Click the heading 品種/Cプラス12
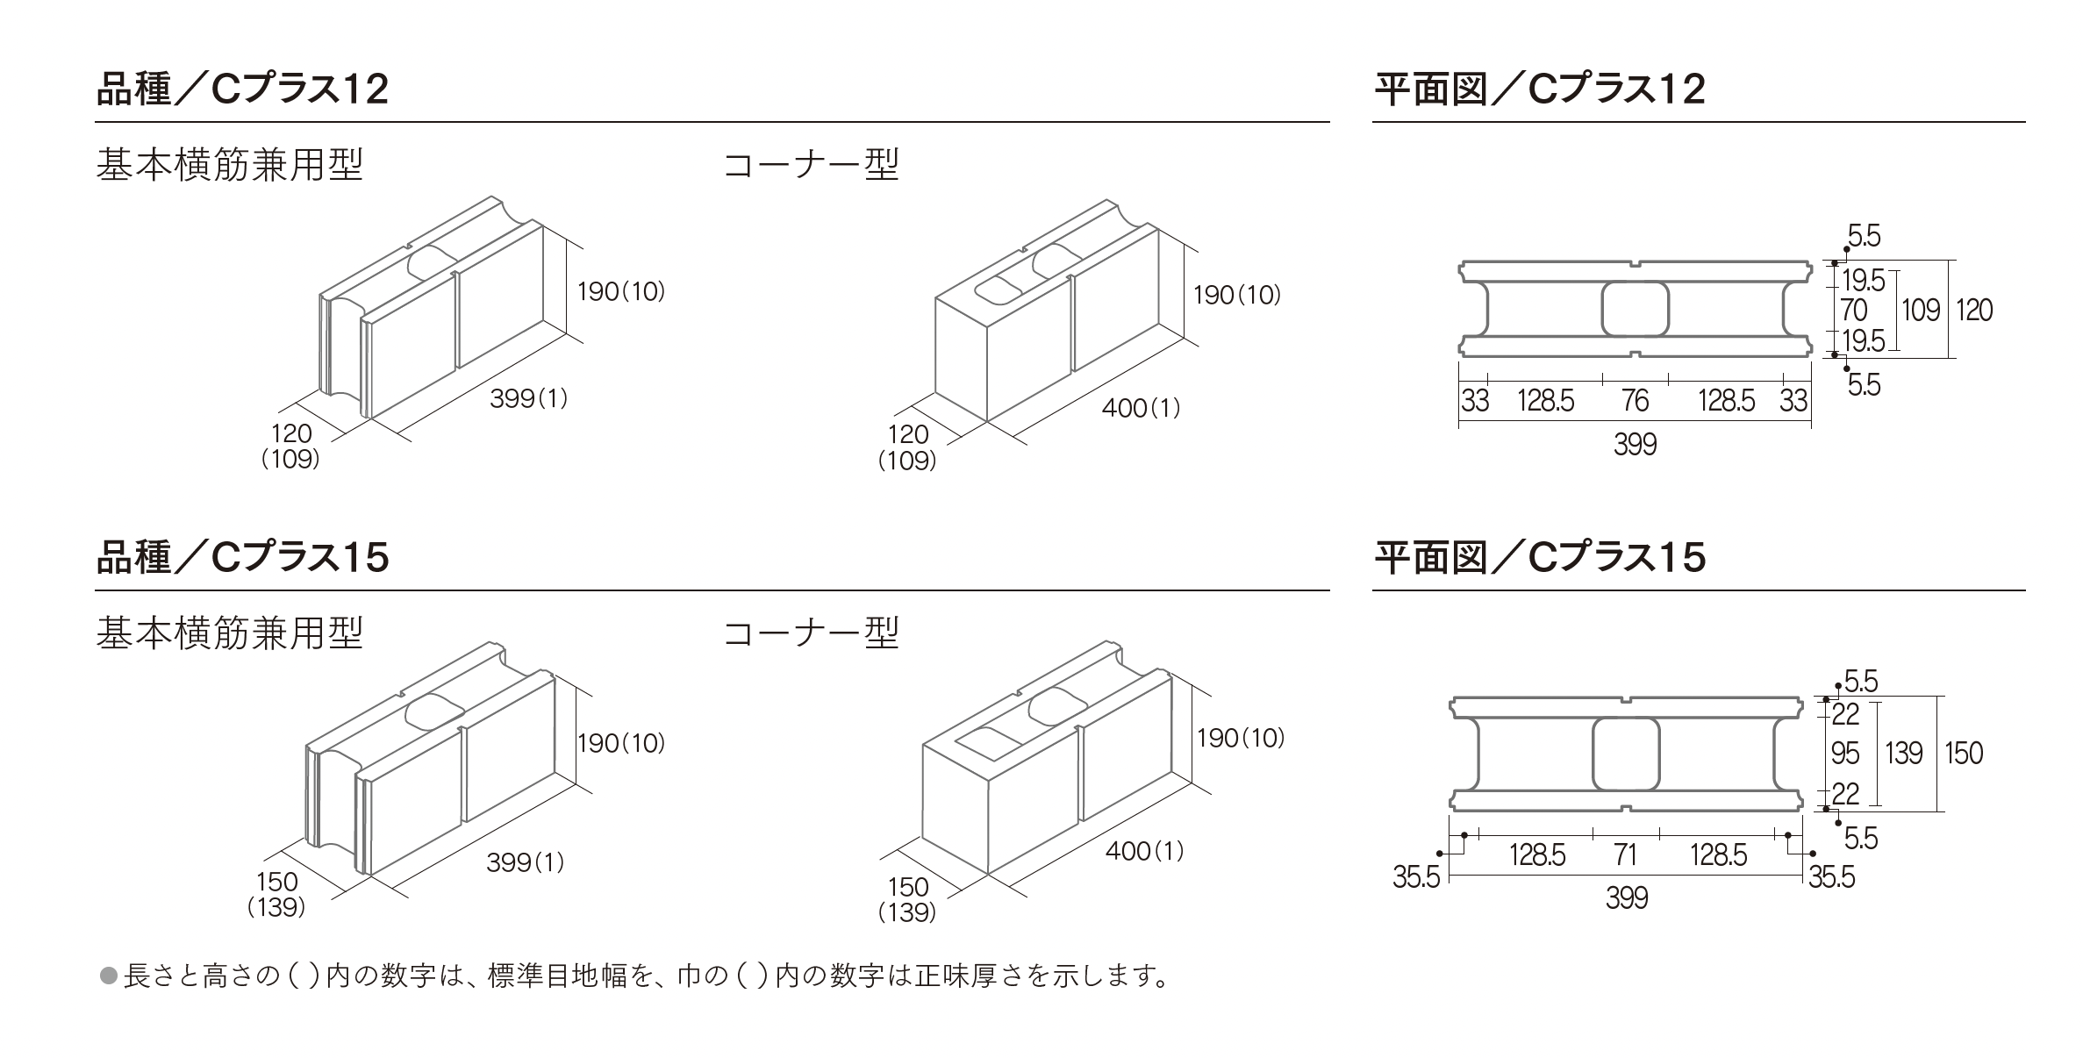241,89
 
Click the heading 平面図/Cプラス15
1539,558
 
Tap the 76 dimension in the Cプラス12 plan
1635,401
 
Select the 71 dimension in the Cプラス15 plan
1625,854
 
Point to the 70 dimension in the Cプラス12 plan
1853,310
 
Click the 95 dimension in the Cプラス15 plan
1845,753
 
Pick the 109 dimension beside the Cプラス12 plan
1920,310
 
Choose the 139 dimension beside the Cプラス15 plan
1903,753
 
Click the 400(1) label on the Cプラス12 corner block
1141,408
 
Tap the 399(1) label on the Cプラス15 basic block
525,862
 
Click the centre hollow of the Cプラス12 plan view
1635,309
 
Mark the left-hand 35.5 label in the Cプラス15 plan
1416,877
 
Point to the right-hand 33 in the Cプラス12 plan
1793,401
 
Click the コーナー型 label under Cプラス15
811,633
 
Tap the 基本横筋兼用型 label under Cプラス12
229,165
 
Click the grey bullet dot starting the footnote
109,976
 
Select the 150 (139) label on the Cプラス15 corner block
907,900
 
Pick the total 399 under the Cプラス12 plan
1635,445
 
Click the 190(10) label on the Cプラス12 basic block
620,291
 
